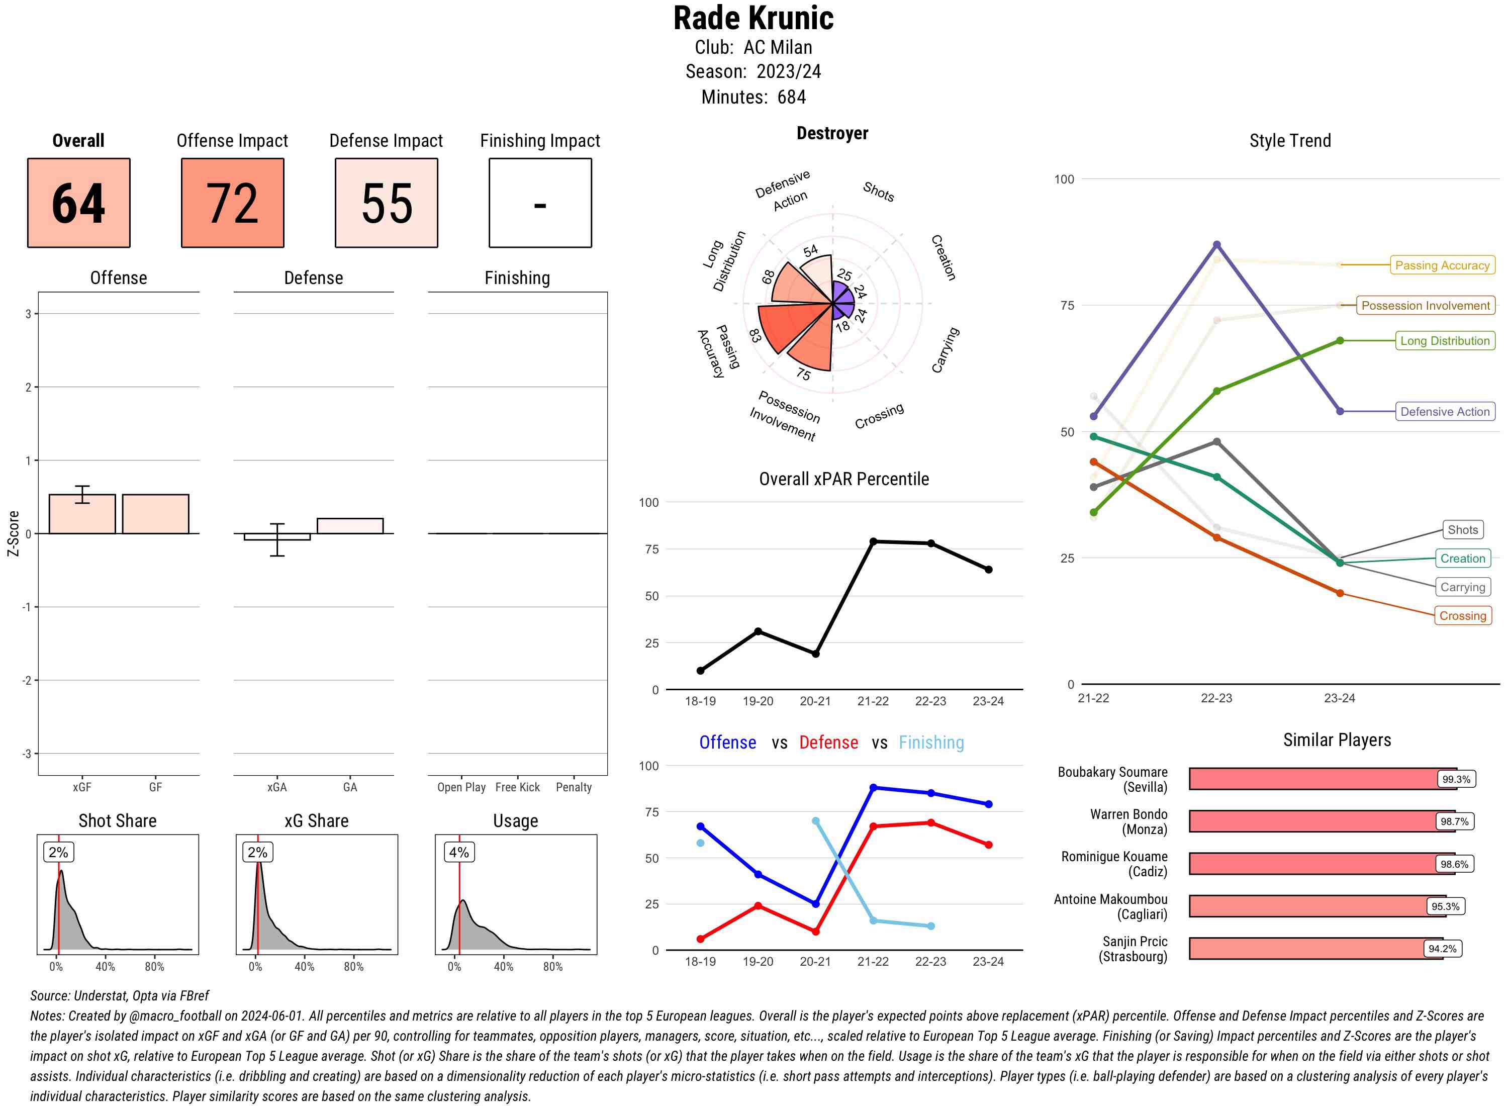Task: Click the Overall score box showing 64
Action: pos(78,203)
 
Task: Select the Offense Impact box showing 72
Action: pos(232,203)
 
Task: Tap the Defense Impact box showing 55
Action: pos(386,203)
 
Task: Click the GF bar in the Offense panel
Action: pos(155,513)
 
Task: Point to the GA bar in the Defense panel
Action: pos(350,525)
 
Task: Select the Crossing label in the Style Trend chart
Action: pos(1462,615)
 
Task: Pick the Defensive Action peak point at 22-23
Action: pos(1216,245)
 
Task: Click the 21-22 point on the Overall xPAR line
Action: pos(873,541)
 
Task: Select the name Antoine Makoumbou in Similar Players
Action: pos(1110,899)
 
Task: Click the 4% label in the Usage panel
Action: pos(459,852)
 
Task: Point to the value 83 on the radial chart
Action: pos(755,335)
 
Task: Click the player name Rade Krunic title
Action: pos(753,18)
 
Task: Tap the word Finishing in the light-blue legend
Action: pos(931,743)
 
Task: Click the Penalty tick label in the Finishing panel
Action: pos(574,787)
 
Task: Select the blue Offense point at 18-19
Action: pos(700,826)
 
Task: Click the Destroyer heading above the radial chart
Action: pos(832,133)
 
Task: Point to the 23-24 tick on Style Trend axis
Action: pos(1339,698)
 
